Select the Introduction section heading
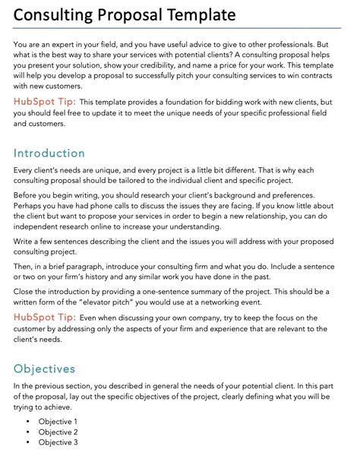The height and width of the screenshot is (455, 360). point(49,153)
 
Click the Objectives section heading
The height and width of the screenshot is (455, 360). point(45,368)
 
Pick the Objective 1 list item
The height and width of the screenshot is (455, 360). point(58,421)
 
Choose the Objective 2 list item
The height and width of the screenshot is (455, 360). point(58,431)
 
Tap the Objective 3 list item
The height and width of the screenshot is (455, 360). point(58,442)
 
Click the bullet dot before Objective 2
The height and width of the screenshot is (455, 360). point(28,431)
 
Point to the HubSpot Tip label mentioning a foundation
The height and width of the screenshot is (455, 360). point(43,101)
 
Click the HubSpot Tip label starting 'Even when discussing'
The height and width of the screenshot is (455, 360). point(43,318)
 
